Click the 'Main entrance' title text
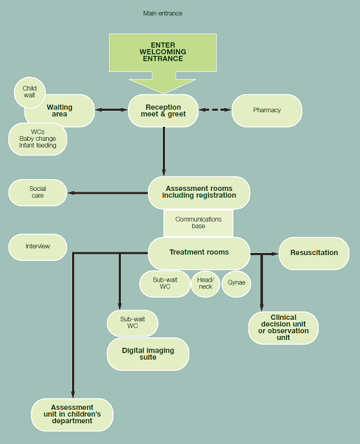(162, 13)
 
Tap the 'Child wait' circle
(29, 91)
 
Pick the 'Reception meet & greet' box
(163, 110)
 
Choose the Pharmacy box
(266, 110)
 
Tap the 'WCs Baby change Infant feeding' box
(37, 139)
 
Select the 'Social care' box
(37, 192)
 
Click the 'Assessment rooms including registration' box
(199, 192)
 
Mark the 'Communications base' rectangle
(198, 223)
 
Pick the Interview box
(37, 246)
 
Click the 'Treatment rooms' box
(199, 253)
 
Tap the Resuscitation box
(313, 253)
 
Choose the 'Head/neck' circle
(205, 283)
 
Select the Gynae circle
(236, 283)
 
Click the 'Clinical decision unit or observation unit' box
(283, 327)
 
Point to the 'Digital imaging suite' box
(148, 354)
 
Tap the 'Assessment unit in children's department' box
(72, 414)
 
